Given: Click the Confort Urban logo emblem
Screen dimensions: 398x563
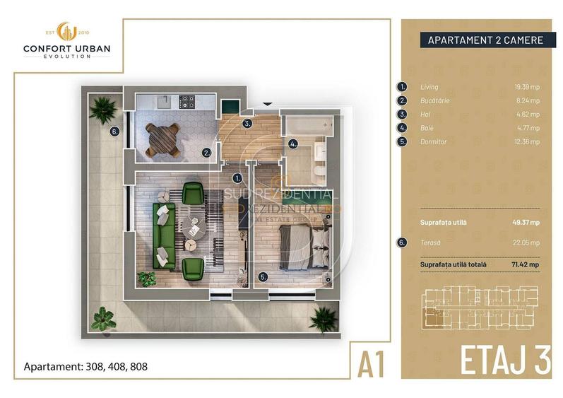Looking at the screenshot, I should (66, 31).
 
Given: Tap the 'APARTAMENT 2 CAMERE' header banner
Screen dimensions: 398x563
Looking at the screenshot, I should (485, 40).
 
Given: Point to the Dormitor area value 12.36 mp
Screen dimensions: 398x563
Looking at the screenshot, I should (526, 141).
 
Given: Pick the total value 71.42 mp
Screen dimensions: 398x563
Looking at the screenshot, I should (525, 264).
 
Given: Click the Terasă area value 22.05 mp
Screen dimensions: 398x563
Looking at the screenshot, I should (526, 242).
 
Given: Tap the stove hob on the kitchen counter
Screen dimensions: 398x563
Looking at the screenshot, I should (187, 103).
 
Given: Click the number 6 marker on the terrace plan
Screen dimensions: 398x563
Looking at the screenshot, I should (114, 130).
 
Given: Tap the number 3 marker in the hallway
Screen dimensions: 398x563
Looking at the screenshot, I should (247, 123).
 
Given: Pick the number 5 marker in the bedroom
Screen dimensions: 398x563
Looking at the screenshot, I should (263, 277).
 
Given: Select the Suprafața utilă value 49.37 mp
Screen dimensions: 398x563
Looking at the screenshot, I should (525, 221).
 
